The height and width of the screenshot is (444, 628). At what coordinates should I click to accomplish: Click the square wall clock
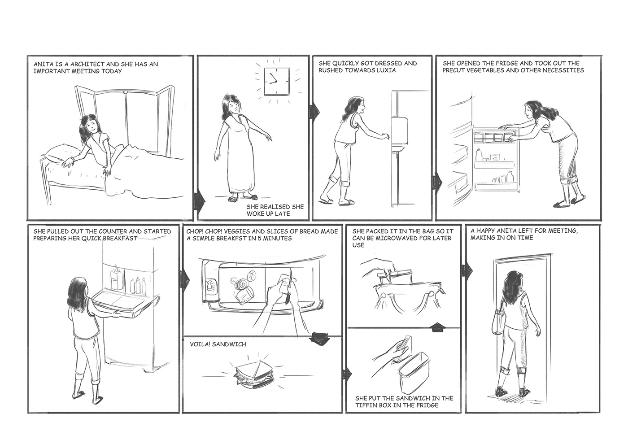pyautogui.click(x=276, y=81)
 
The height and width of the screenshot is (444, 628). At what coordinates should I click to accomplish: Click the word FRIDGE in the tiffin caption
pyautogui.click(x=425, y=405)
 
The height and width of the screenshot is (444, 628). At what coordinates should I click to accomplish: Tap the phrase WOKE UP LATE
pyautogui.click(x=268, y=213)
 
